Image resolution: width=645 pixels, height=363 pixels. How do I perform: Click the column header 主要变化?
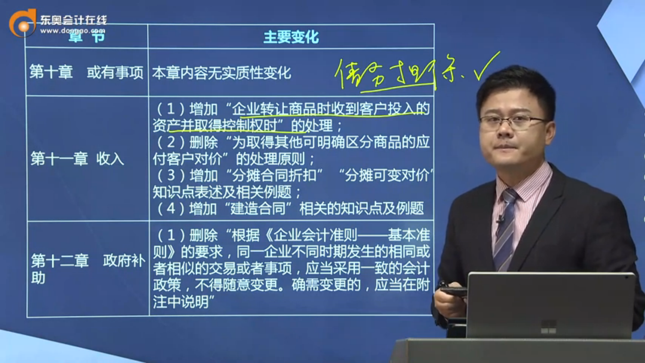click(291, 37)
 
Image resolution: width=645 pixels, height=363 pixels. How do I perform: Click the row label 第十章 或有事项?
click(86, 72)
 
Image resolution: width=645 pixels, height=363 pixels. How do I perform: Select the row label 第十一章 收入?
click(77, 158)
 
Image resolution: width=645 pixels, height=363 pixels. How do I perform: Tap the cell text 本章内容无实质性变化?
click(221, 73)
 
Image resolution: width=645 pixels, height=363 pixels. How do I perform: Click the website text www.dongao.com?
click(73, 31)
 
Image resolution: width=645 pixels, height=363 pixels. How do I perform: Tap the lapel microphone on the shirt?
click(500, 220)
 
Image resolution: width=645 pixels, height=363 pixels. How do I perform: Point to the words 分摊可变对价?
click(387, 175)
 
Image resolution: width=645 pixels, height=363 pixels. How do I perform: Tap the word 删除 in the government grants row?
click(203, 235)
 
